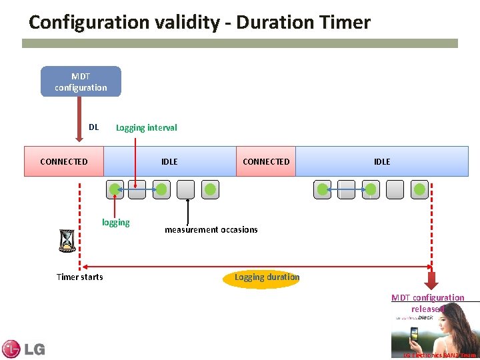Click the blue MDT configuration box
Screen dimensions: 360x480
click(x=81, y=81)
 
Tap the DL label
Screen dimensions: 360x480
click(x=93, y=127)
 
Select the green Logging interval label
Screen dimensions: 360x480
click(x=146, y=127)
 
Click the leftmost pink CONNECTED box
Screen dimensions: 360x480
click(x=64, y=161)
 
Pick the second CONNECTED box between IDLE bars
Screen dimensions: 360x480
click(x=266, y=161)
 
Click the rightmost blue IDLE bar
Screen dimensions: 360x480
click(x=382, y=161)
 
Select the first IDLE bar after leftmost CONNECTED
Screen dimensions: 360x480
click(x=169, y=161)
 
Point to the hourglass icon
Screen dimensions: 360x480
click(x=67, y=241)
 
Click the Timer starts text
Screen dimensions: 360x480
click(x=80, y=277)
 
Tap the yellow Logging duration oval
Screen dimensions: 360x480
click(x=267, y=277)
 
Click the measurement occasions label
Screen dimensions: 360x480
click(x=211, y=229)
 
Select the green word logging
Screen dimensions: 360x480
click(x=115, y=223)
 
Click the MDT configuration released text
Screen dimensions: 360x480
click(x=427, y=303)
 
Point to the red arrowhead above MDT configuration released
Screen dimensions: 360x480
click(x=432, y=280)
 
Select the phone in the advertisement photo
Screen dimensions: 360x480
click(x=414, y=333)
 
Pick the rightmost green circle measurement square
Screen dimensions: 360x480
click(x=419, y=190)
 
